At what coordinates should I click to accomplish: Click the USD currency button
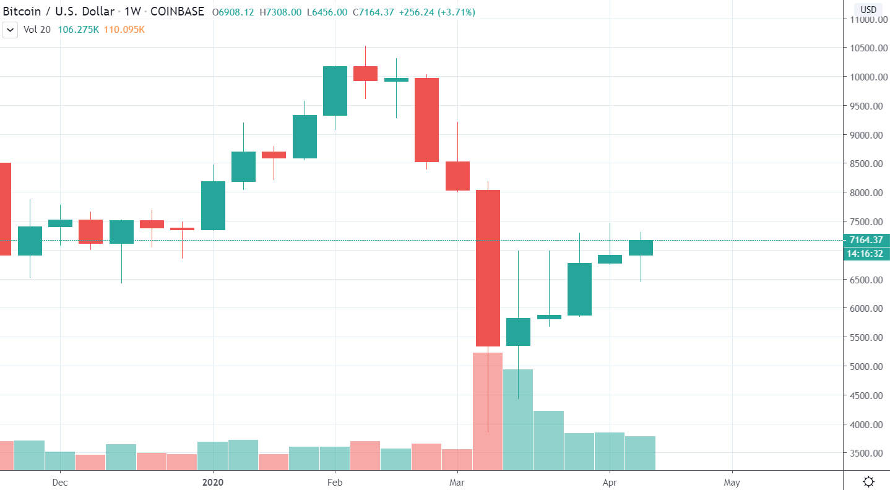tap(868, 9)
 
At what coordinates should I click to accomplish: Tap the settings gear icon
tap(868, 481)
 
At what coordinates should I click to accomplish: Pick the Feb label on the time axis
tap(335, 482)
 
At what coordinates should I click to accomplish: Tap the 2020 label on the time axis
tap(213, 482)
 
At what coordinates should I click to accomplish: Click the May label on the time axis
tap(732, 482)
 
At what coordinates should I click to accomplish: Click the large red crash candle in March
tap(488, 268)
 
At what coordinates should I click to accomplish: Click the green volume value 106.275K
tap(79, 29)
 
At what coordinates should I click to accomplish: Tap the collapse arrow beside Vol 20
tap(11, 30)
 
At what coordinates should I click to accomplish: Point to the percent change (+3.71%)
tap(456, 12)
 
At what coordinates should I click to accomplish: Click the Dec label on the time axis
tap(60, 482)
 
